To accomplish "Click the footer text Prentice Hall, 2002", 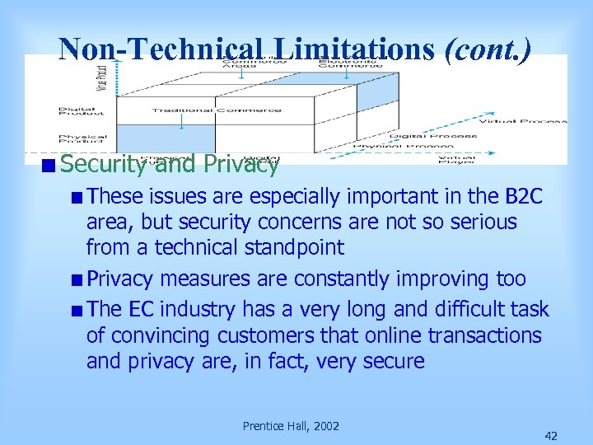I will [x=291, y=425].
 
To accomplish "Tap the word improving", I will [x=439, y=279].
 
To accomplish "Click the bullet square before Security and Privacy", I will [x=51, y=165].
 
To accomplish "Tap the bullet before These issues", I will [x=77, y=198].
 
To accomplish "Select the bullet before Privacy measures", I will [x=77, y=279].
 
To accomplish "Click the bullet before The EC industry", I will [x=77, y=311].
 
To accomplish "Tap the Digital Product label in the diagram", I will [x=82, y=111].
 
